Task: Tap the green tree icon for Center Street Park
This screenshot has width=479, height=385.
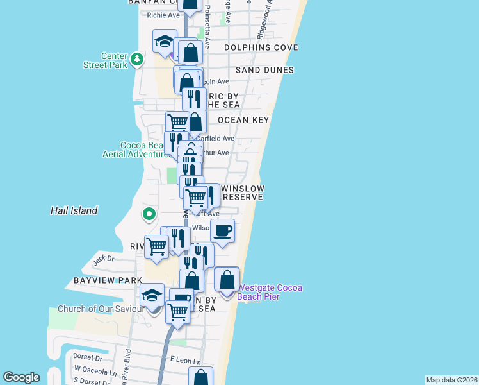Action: tap(136, 59)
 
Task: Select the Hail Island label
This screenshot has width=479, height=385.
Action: tap(74, 210)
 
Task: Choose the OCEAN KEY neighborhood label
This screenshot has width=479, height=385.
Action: tap(243, 120)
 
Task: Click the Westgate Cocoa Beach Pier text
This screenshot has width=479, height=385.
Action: tap(259, 293)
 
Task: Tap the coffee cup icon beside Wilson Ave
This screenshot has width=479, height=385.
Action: tap(222, 230)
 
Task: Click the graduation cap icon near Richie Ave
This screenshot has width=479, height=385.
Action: tap(165, 41)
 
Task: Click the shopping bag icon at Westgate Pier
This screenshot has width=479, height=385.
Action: tap(227, 280)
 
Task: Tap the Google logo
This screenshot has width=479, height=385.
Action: tap(21, 377)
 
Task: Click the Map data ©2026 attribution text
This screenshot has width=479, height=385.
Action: tap(451, 379)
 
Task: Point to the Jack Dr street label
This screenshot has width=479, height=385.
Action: tap(102, 260)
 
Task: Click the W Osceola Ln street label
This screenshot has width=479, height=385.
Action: tap(95, 370)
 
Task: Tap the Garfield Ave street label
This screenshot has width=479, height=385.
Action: tap(216, 138)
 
